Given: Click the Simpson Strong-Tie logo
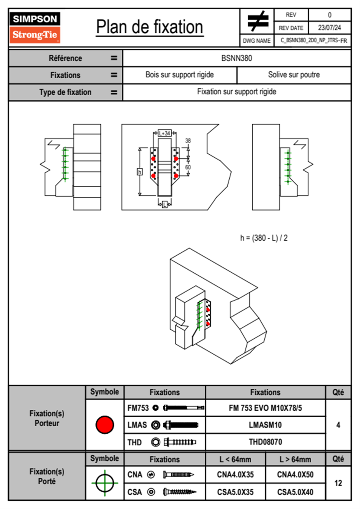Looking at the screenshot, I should point(35,27).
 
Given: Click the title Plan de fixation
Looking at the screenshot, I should point(149,27).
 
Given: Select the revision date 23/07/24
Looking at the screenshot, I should point(329,28).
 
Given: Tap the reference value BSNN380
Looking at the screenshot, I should point(237,58).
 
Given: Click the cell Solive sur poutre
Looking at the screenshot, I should point(294,75).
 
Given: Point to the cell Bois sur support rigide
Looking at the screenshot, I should point(179,75).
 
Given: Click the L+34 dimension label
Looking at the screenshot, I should point(165,133).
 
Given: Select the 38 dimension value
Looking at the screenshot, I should point(188,141).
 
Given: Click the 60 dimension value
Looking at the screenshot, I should point(188,167).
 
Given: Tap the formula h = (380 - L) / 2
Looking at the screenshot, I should point(264,238).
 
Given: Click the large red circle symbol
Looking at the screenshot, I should point(105,425).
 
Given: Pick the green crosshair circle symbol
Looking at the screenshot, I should point(105,483).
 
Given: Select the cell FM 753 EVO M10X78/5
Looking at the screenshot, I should point(265,408).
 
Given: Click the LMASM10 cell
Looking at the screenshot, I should point(265,425).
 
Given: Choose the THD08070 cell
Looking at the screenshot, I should point(265,442).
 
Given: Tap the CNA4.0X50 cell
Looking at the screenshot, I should point(295,475).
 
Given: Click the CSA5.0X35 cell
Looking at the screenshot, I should point(235,492).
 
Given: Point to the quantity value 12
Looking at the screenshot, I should point(338,483).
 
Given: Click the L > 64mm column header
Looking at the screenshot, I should point(295,459).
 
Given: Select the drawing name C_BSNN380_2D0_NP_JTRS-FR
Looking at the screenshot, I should point(314,41).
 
